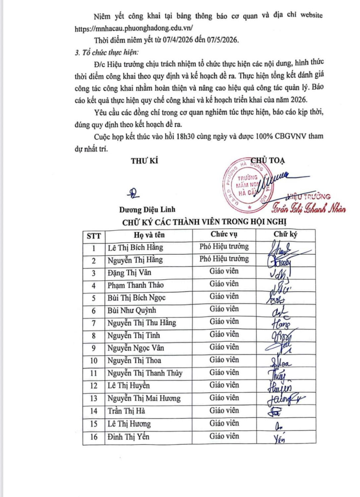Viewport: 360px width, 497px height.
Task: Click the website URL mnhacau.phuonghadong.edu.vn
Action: tap(134, 28)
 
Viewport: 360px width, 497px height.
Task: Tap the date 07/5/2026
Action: tap(223, 40)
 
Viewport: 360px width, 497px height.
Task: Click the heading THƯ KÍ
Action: tap(145, 161)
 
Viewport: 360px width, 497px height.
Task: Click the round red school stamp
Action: tap(247, 186)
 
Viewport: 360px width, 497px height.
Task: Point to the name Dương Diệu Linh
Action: tap(147, 209)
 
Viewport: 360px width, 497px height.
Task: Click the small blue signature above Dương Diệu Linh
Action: tap(134, 193)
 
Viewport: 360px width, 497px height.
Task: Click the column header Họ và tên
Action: tap(149, 235)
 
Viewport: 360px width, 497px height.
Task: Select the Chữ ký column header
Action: tap(285, 234)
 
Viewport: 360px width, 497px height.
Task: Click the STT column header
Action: tap(94, 236)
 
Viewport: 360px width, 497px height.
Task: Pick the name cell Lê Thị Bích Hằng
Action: tap(135, 248)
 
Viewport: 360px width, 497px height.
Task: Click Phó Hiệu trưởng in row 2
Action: tap(224, 259)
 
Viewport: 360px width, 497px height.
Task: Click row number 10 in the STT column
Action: tap(94, 360)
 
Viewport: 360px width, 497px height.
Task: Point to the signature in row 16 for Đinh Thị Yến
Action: tap(279, 439)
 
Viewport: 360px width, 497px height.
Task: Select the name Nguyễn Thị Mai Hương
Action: tap(144, 398)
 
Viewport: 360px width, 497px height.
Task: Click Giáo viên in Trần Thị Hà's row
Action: tap(224, 411)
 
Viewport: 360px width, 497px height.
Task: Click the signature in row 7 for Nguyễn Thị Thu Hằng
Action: tap(281, 323)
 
